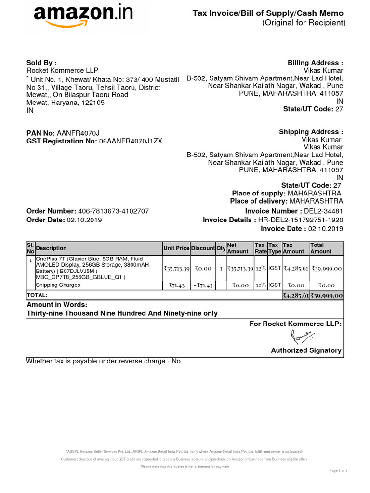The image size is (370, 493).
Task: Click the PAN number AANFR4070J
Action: tap(79, 133)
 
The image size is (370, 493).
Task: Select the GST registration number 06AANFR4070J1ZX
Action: tap(131, 141)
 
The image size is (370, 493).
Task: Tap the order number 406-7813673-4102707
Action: tap(113, 211)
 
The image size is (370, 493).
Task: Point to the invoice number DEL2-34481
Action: tap(322, 211)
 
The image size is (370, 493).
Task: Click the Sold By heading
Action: tap(41, 63)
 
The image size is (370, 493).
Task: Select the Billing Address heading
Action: tap(316, 63)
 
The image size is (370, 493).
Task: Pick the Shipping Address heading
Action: tap(311, 132)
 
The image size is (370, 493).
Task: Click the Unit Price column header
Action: tap(176, 248)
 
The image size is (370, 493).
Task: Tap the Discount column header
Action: tap(203, 248)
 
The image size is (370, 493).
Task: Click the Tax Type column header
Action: tap(274, 248)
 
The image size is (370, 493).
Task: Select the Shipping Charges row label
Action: tap(58, 285)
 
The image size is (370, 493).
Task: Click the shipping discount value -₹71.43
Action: tap(203, 285)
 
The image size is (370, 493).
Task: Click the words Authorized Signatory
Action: tap(306, 350)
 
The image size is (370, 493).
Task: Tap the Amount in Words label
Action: tap(57, 305)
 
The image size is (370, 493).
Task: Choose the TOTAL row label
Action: tap(38, 295)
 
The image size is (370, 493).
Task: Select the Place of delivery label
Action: tap(259, 201)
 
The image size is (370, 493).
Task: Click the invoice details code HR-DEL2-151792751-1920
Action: tap(301, 220)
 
